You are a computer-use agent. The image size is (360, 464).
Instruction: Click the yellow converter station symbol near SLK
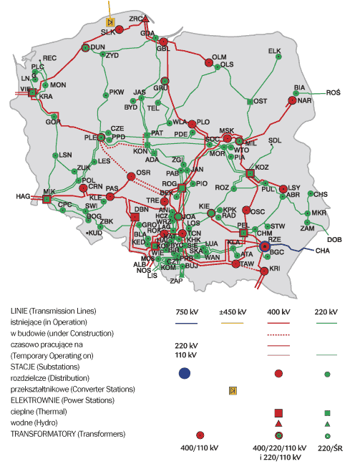click(111, 23)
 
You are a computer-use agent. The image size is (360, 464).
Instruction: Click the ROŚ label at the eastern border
click(334, 93)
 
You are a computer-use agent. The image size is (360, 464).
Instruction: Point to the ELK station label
click(275, 51)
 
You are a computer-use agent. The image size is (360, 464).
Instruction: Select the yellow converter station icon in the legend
click(233, 390)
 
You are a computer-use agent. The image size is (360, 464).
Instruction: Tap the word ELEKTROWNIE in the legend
click(33, 402)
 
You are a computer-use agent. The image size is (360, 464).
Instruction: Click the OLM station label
click(219, 57)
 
